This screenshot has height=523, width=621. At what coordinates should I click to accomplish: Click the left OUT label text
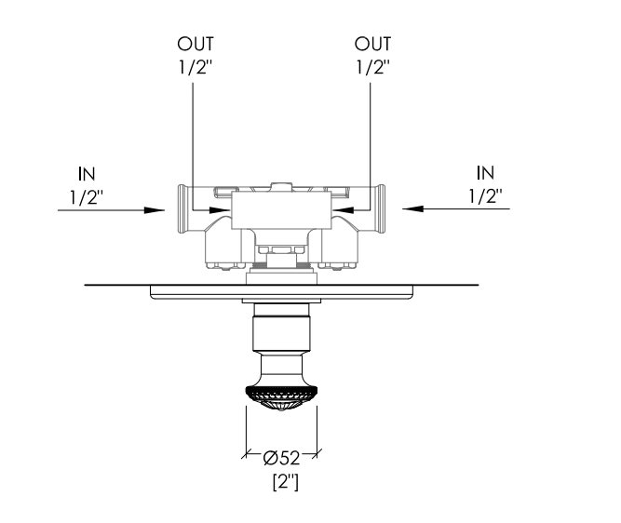pyautogui.click(x=196, y=44)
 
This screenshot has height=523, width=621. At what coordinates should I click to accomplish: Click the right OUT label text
pyautogui.click(x=372, y=44)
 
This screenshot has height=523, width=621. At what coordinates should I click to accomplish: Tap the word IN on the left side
pyautogui.click(x=87, y=174)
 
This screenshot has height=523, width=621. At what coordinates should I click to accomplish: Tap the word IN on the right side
pyautogui.click(x=486, y=173)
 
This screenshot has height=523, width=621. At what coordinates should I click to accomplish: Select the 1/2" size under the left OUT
pyautogui.click(x=196, y=67)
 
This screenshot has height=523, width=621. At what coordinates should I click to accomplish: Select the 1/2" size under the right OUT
pyautogui.click(x=373, y=67)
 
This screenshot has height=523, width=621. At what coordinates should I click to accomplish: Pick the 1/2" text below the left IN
pyautogui.click(x=87, y=196)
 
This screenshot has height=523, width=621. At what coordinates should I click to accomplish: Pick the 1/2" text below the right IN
pyautogui.click(x=486, y=196)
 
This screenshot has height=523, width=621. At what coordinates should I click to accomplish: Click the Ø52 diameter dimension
pyautogui.click(x=281, y=458)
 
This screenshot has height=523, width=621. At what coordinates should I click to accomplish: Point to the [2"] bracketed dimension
pyautogui.click(x=286, y=482)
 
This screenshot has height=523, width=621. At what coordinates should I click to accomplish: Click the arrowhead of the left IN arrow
pyautogui.click(x=155, y=210)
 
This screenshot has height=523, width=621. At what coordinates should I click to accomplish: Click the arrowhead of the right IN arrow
pyautogui.click(x=412, y=208)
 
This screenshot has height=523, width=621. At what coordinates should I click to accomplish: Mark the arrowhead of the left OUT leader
pyautogui.click(x=221, y=210)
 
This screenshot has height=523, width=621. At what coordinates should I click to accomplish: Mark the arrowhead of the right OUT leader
pyautogui.click(x=343, y=209)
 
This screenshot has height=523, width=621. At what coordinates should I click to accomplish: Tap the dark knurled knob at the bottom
pyautogui.click(x=281, y=397)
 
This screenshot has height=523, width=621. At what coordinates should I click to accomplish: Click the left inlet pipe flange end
pyautogui.click(x=182, y=208)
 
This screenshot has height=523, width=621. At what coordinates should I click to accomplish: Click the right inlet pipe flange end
pyautogui.click(x=381, y=208)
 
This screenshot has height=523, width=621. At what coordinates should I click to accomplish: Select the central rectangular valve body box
pyautogui.click(x=281, y=210)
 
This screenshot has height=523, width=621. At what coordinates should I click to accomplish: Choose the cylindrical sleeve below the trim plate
pyautogui.click(x=281, y=327)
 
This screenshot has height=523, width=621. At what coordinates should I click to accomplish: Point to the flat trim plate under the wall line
pyautogui.click(x=281, y=292)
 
